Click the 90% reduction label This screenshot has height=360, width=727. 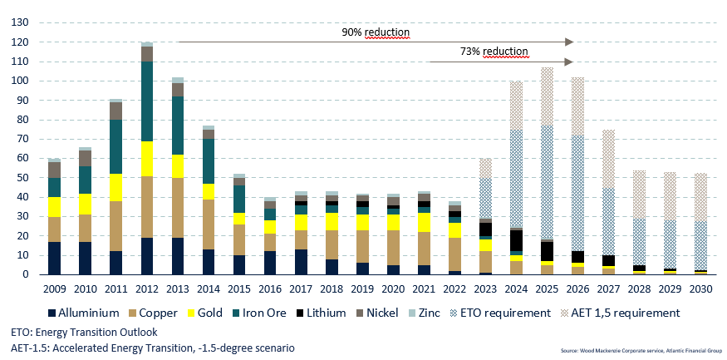(x=376, y=32)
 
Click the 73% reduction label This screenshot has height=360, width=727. (x=494, y=52)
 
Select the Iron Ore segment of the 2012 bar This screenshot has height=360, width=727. (x=146, y=101)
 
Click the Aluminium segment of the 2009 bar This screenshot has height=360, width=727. (x=54, y=258)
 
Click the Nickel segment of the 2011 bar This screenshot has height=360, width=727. (x=115, y=111)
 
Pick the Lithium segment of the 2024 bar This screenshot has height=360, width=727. (x=515, y=240)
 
